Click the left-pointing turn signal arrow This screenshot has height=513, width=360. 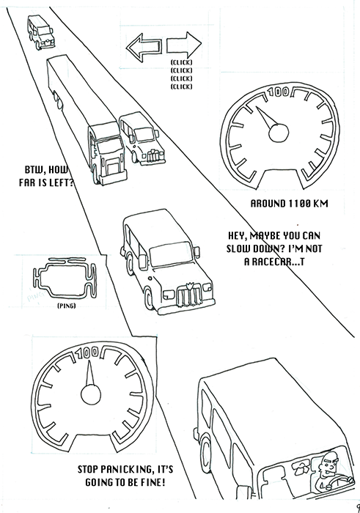(144, 47)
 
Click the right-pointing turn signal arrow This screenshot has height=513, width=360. (184, 45)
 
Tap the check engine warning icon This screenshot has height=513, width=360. (65, 278)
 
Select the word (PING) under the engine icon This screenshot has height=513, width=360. (67, 306)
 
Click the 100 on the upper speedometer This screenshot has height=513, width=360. (279, 92)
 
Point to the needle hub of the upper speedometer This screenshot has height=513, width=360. (279, 133)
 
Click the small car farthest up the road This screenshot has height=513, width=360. (40, 32)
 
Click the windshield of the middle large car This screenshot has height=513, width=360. (171, 254)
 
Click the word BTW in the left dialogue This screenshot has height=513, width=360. (35, 169)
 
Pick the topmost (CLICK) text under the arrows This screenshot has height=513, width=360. (181, 62)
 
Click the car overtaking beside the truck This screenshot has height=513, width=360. (142, 139)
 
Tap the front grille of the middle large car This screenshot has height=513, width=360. (188, 294)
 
